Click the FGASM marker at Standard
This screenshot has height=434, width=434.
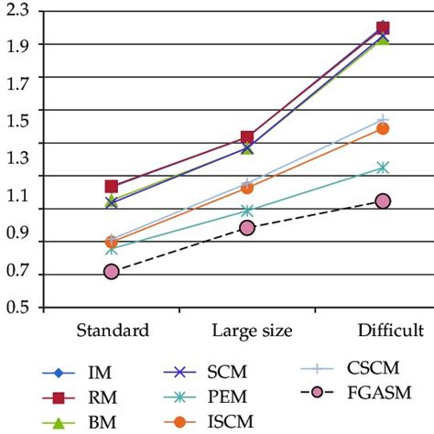pyautogui.click(x=112, y=271)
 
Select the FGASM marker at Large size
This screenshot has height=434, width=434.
pyautogui.click(x=247, y=227)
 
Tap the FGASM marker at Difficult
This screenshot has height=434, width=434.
pyautogui.click(x=383, y=201)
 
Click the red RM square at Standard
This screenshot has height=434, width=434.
pyautogui.click(x=112, y=187)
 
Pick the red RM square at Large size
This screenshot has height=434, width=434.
pyautogui.click(x=247, y=137)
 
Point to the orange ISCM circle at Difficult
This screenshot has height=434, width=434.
pyautogui.click(x=383, y=128)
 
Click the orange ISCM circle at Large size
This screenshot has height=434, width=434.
pyautogui.click(x=247, y=188)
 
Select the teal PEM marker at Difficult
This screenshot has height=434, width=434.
pyautogui.click(x=383, y=168)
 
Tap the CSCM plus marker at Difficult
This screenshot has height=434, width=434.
pyautogui.click(x=383, y=120)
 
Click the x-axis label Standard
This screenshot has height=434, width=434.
pyautogui.click(x=113, y=330)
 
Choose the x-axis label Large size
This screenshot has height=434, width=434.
pyautogui.click(x=252, y=330)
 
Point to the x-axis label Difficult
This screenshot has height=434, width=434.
pyautogui.click(x=388, y=330)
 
